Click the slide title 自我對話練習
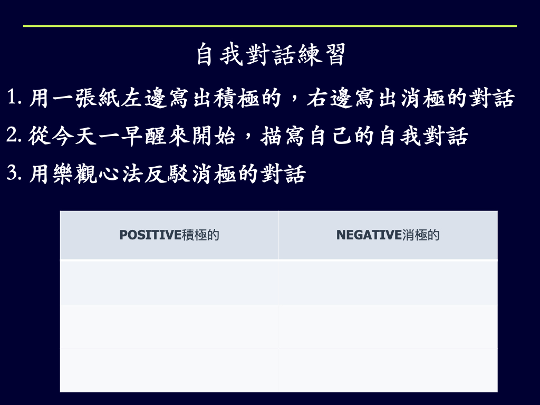coord(271,54)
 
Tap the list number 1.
coord(14,97)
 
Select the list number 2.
coord(14,134)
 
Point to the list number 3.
coord(14,172)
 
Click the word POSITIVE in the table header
coord(150,235)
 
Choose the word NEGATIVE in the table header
coord(369,235)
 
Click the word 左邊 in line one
coord(144,98)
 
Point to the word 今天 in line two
coord(74,136)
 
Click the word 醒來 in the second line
coord(167,136)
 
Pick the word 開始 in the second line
coord(214,136)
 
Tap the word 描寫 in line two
coord(283,136)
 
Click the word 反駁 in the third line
coord(167,173)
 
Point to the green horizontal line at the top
coord(270,26)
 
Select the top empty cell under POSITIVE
coord(169,283)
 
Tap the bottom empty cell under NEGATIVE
coord(388,370)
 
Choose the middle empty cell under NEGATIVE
coord(388,327)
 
